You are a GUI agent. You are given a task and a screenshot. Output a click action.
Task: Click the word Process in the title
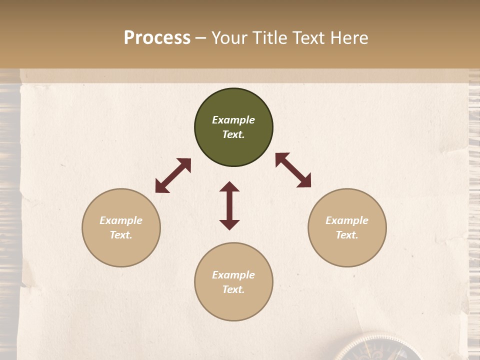(157, 38)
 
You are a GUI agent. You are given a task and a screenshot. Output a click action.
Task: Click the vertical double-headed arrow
(229, 205)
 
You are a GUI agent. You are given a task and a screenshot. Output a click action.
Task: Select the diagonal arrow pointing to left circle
(173, 175)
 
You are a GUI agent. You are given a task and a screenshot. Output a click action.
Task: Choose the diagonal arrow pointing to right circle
(293, 170)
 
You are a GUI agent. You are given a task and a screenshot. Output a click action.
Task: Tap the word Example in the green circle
(233, 120)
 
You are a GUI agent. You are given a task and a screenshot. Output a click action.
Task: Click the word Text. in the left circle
(121, 235)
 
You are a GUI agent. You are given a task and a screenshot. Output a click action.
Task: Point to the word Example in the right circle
(347, 220)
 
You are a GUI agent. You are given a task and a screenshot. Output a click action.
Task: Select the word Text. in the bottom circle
(233, 289)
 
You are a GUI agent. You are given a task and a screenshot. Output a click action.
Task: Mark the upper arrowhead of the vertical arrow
(229, 186)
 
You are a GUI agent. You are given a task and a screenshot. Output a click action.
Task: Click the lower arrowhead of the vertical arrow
(229, 224)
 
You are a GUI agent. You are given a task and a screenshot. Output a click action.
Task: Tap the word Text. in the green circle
(233, 134)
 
